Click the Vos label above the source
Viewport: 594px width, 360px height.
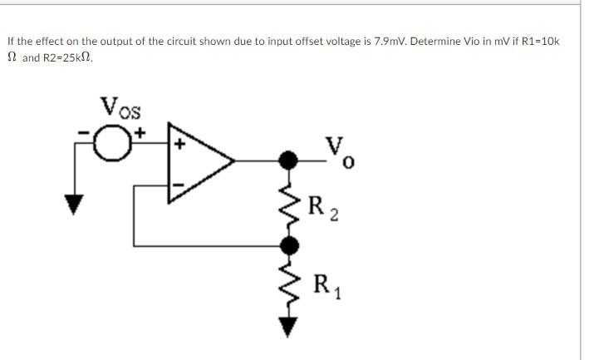pyautogui.click(x=121, y=107)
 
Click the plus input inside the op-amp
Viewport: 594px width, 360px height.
pyautogui.click(x=177, y=143)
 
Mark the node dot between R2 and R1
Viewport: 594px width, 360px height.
pyautogui.click(x=289, y=245)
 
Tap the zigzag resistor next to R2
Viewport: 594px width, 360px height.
pyautogui.click(x=288, y=201)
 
